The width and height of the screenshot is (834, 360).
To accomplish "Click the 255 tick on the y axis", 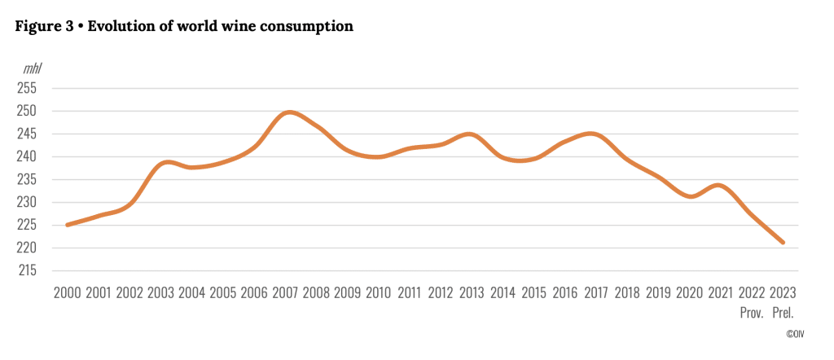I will pos(27,88).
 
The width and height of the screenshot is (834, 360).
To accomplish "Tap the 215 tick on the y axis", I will pos(27,270).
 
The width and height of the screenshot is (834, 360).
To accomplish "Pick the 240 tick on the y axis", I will pos(27,156).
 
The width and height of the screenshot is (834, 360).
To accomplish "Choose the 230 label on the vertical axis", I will pos(27,202).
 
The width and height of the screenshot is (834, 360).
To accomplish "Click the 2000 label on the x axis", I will pos(67,292).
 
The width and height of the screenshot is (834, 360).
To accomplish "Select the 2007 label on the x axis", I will pos(285,292).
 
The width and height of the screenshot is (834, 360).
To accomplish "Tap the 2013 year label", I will pos(472,292).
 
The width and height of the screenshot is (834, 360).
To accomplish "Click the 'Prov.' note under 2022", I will pos(752,311).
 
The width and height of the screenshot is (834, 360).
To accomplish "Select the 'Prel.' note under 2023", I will pos(783,311).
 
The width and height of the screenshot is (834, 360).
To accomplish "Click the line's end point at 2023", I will pos(783,242).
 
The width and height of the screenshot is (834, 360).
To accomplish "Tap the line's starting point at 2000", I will pos(68,225).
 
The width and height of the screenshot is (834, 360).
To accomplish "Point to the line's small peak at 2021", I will pos(719,185).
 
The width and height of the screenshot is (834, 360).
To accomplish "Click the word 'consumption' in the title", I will pos(308,26).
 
